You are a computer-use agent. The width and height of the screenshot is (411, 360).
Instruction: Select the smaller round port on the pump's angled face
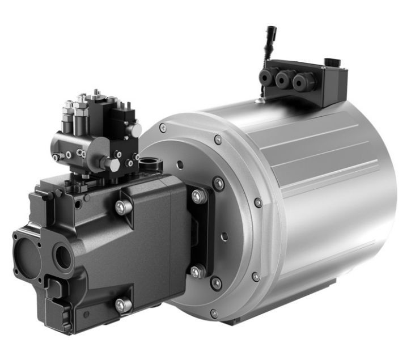62,257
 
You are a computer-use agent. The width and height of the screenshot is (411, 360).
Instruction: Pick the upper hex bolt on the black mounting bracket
198,196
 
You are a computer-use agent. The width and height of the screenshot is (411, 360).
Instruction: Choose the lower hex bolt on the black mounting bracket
196,272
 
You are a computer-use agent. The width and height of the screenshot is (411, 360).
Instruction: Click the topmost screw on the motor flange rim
218,139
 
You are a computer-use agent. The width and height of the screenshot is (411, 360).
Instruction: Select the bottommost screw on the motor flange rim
213,314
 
